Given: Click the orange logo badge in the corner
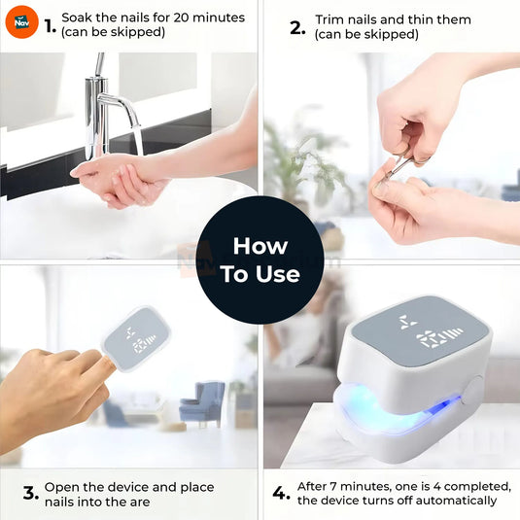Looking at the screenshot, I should [21, 20].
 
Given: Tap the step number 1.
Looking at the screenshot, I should [50, 26].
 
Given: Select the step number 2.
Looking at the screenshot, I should [297, 27].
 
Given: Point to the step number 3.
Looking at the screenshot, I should [30, 494].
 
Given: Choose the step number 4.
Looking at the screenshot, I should [281, 494].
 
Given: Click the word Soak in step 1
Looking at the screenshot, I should [77, 17].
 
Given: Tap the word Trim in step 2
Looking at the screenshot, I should [331, 19].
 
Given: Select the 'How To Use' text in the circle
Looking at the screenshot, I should [260, 260].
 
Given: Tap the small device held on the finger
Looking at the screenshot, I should [137, 338].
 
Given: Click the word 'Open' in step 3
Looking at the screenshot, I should [61, 486].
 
